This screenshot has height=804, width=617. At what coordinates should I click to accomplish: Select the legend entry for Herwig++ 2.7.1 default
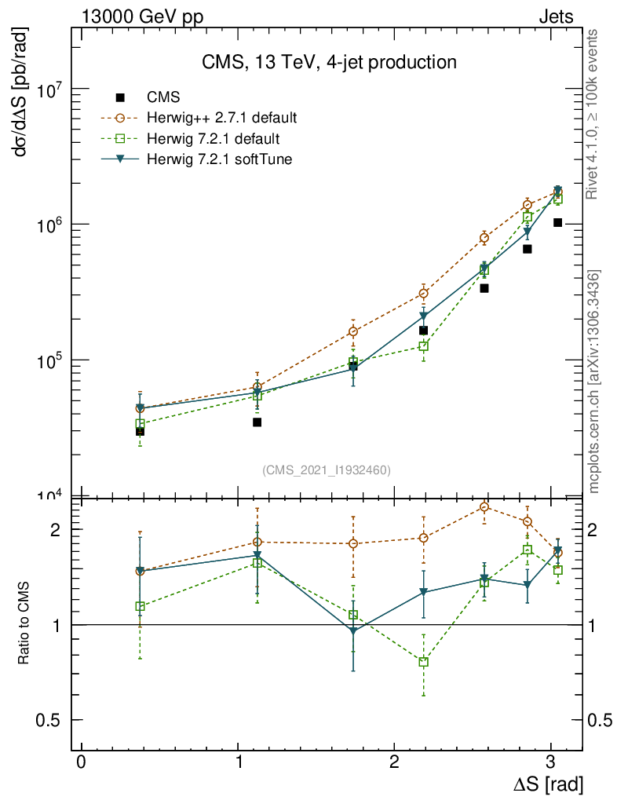point(221,119)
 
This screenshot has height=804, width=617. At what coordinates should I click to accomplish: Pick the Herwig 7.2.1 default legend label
point(212,139)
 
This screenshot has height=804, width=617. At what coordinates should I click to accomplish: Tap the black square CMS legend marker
point(120,98)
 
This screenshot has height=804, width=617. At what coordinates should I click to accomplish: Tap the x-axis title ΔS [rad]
point(547,784)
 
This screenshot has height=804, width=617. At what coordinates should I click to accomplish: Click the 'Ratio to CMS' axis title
point(25,624)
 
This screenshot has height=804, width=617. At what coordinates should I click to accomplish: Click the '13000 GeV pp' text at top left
point(141,16)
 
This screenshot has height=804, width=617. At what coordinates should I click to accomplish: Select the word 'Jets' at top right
point(556,16)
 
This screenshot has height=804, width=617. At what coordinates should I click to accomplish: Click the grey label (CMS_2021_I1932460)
point(326,470)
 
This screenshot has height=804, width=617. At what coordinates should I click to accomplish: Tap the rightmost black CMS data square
point(557,222)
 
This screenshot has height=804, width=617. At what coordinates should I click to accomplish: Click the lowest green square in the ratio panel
point(424,662)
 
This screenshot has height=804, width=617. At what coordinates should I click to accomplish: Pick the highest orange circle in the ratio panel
point(484,507)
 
